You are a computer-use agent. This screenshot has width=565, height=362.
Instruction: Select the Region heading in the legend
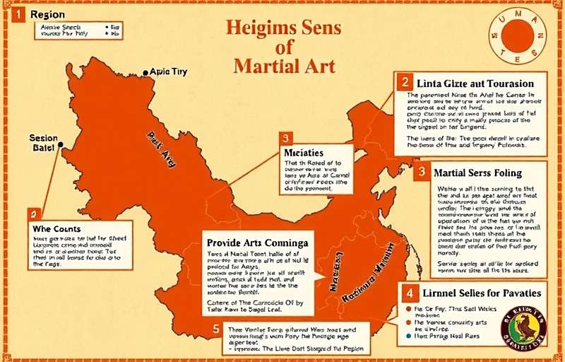(x=47, y=14)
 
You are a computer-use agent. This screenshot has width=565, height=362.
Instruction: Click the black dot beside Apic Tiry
(x=146, y=72)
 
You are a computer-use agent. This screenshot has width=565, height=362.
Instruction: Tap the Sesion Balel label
(x=43, y=142)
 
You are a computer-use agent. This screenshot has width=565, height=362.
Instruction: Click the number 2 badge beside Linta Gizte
(x=405, y=82)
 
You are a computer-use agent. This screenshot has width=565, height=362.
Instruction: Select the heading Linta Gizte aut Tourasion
(x=476, y=83)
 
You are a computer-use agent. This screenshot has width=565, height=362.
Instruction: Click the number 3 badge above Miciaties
(x=285, y=138)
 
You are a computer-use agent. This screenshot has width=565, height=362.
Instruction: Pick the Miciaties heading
(x=303, y=153)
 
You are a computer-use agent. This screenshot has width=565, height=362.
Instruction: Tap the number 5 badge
(x=216, y=329)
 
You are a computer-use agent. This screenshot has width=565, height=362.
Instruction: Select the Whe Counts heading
(x=56, y=229)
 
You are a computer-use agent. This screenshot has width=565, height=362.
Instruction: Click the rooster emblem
(x=523, y=327)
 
